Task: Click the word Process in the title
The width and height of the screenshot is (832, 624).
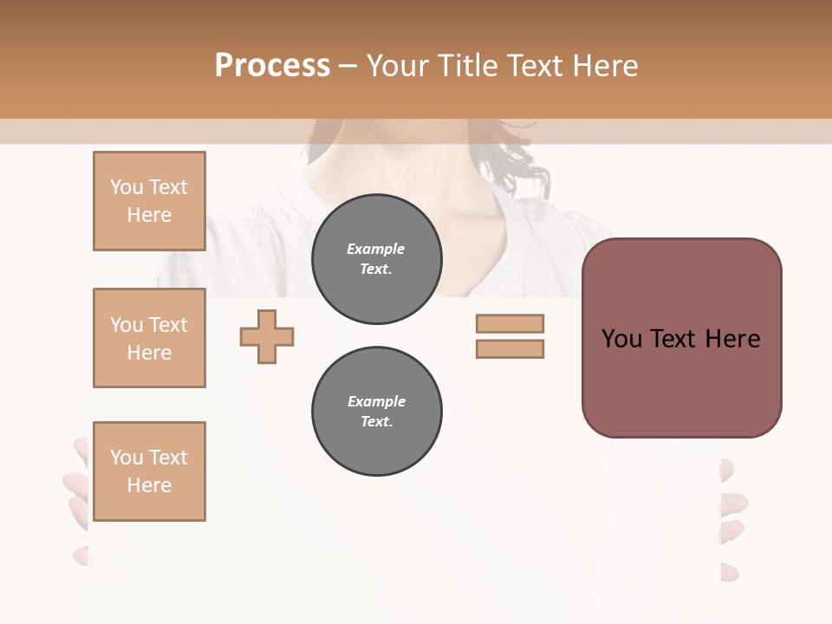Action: click(272, 66)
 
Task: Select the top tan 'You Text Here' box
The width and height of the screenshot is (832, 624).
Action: click(149, 201)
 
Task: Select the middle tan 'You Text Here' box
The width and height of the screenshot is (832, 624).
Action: click(149, 338)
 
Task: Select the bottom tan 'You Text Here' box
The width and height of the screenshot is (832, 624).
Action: click(149, 471)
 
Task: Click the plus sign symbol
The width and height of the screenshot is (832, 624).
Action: click(267, 336)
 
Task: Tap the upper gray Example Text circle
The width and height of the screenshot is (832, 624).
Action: click(376, 259)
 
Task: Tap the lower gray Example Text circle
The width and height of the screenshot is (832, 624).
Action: click(376, 412)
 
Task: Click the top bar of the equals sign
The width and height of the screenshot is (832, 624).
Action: click(510, 323)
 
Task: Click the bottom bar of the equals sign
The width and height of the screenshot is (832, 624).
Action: click(510, 348)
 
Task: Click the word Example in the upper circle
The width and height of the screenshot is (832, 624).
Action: click(376, 250)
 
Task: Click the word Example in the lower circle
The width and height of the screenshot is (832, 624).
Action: click(376, 402)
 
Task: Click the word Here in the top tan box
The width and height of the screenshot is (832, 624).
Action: click(149, 215)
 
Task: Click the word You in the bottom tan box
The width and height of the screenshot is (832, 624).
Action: click(126, 458)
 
